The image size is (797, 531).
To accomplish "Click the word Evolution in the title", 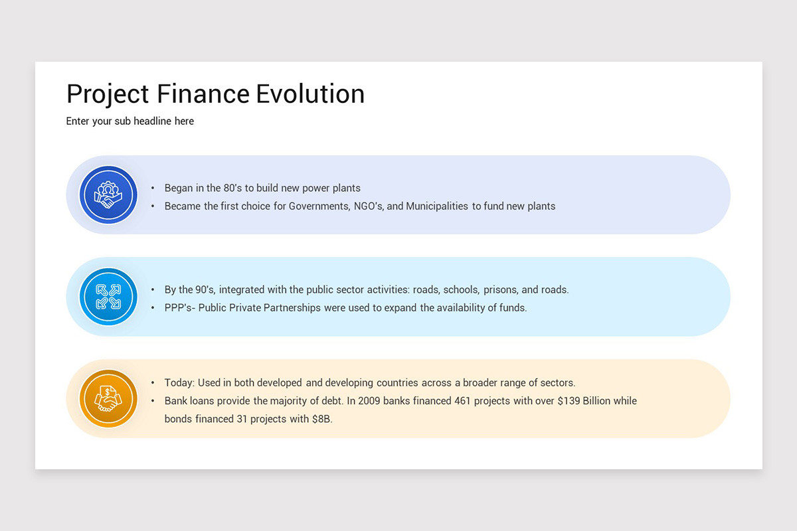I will [310, 94].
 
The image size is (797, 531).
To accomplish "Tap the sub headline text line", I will [130, 121].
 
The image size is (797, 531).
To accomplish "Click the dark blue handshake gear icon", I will [108, 194].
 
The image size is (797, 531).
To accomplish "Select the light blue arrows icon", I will [108, 297].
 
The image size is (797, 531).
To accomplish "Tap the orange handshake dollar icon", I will [108, 398].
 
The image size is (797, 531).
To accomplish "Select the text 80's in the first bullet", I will [233, 189].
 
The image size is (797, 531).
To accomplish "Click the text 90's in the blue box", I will [203, 290].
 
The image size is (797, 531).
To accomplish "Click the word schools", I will [460, 290].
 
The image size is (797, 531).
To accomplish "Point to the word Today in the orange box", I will [179, 383].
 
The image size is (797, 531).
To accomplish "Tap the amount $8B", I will [321, 419].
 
